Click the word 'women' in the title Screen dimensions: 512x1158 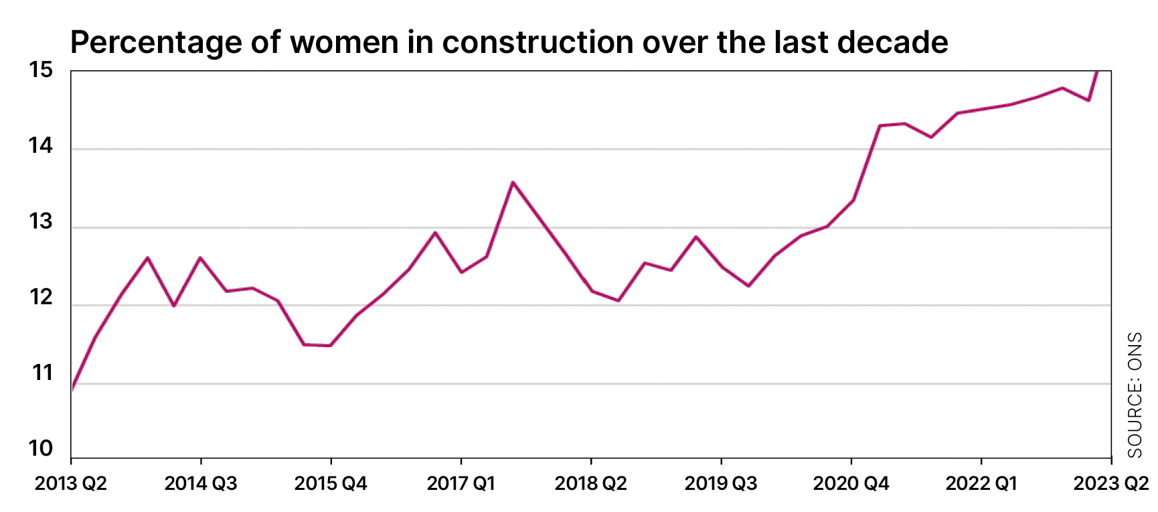(x=344, y=43)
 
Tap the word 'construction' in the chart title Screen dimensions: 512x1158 (x=537, y=43)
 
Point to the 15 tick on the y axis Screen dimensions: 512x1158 (x=41, y=70)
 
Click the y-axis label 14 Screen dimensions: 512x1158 (x=41, y=146)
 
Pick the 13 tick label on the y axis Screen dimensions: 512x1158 (x=41, y=222)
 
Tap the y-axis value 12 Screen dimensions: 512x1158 (x=41, y=298)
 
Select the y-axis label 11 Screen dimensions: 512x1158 (x=42, y=373)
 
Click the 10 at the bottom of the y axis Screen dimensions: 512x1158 (x=41, y=449)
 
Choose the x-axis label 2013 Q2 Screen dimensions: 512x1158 (x=71, y=484)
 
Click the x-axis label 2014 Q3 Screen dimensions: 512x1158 (x=201, y=484)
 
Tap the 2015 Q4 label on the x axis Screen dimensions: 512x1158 (x=331, y=484)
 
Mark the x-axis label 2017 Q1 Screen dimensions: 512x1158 (x=461, y=484)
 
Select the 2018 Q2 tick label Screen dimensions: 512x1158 (x=590, y=484)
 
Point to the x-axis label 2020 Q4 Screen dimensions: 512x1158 (x=851, y=484)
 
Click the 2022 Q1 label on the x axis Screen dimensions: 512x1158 (x=981, y=484)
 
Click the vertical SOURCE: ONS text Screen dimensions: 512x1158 (x=1135, y=395)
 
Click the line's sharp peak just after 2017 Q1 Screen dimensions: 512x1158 (x=513, y=182)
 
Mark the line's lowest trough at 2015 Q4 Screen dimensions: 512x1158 (x=330, y=346)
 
